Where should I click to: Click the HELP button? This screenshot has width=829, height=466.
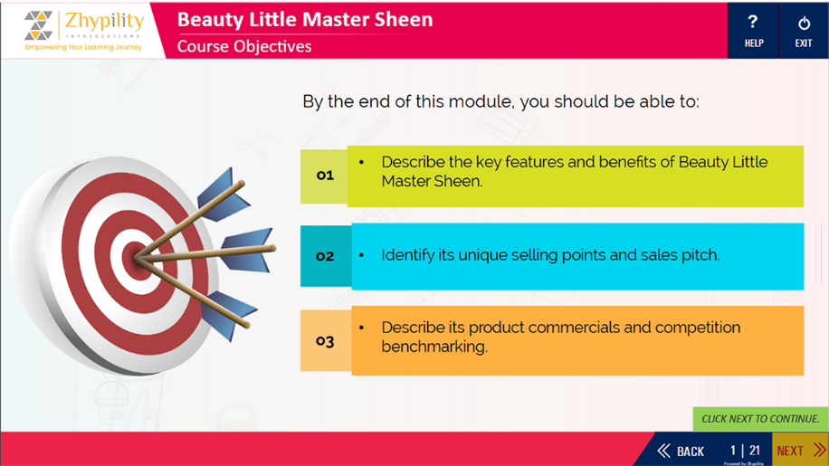(753, 31)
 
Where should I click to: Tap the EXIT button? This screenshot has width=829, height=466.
(804, 31)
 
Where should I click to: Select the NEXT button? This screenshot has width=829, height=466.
(800, 450)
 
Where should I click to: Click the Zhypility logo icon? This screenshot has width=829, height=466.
(39, 24)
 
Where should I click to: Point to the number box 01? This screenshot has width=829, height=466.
(324, 176)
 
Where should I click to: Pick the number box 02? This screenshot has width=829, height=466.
(326, 256)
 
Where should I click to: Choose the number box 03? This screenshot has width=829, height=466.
(326, 341)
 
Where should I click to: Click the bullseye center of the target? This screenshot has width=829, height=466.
(137, 259)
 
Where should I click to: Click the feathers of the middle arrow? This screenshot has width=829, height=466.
(247, 250)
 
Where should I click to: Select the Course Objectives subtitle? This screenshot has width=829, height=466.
(244, 46)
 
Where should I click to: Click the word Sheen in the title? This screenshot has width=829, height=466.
(404, 20)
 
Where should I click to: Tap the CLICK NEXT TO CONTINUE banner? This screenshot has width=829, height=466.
(760, 419)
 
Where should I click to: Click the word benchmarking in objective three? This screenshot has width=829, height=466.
(434, 347)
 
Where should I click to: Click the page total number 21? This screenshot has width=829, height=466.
(755, 450)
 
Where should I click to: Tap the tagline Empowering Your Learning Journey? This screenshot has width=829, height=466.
(83, 47)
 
